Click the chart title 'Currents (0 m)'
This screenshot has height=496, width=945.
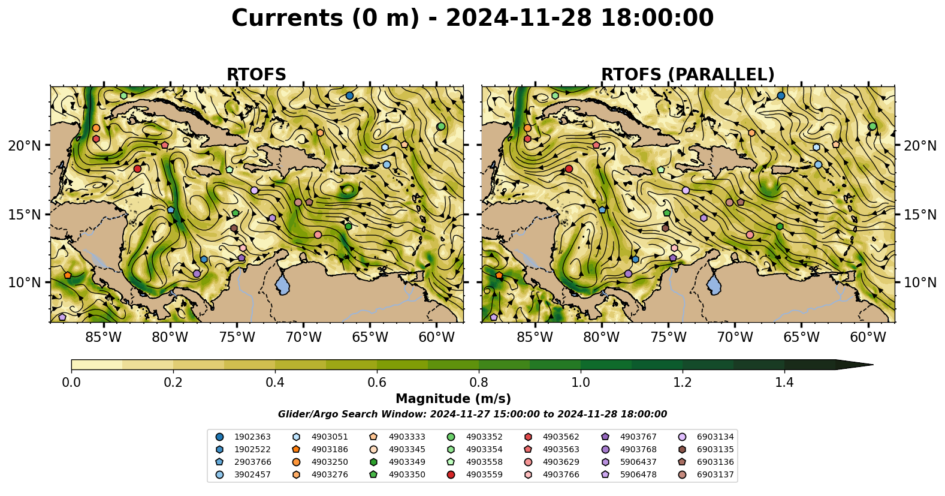pos(325,19)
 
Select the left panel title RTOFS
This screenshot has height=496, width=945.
pos(256,75)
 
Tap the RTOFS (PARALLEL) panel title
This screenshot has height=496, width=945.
pos(688,75)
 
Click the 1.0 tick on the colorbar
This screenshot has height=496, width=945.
pos(581,383)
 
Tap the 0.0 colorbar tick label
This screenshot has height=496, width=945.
pos(71,383)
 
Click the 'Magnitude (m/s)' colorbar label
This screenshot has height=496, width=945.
pos(453,399)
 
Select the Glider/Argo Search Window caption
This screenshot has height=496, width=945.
pos(472,414)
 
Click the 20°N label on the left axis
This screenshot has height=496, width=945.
pos(25,146)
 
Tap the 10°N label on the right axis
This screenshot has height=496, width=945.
pos(919,282)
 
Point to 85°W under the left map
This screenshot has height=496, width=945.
pos(103,337)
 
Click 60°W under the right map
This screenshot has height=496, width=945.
pos(868,337)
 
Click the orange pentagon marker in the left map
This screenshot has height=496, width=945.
pos(68,275)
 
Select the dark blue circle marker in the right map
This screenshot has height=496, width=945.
pos(781,95)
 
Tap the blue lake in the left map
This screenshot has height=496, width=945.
pos(282,284)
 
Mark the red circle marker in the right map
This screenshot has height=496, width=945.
pos(569,169)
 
